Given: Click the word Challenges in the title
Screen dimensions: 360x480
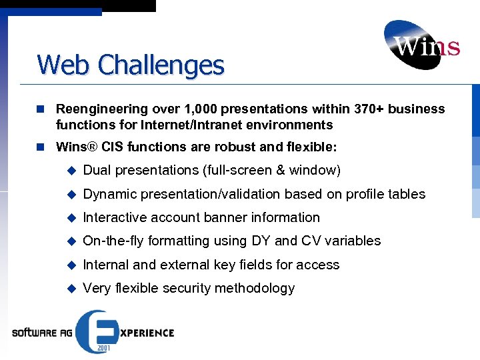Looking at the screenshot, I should [161, 65].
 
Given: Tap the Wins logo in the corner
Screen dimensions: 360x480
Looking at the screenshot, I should [421, 45].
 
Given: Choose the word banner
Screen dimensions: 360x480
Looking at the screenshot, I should [237, 217].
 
